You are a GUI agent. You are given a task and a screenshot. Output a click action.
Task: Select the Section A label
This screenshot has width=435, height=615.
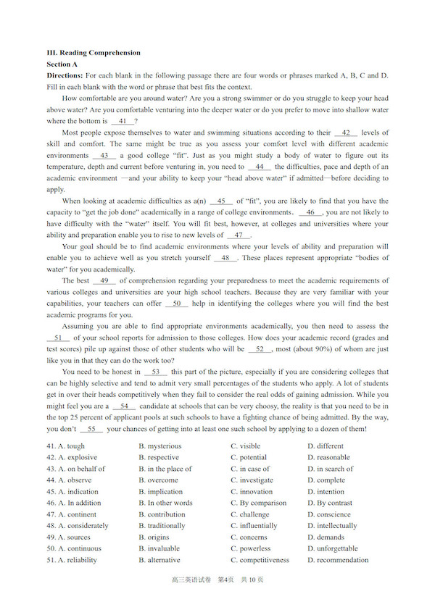(62, 64)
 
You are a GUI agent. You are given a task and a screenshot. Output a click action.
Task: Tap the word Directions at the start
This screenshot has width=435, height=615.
(65, 75)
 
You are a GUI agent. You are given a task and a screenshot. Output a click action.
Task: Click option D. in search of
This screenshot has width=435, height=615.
(335, 469)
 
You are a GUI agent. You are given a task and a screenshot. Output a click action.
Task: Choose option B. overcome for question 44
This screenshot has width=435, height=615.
(158, 480)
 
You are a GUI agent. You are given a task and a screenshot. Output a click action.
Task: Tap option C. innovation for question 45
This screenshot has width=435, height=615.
(252, 492)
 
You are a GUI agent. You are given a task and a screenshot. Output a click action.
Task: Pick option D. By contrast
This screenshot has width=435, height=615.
(330, 503)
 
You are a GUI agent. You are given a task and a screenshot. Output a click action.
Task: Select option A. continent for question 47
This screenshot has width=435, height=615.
(76, 514)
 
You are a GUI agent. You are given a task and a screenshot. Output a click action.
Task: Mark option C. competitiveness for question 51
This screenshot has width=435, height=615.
(260, 560)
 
